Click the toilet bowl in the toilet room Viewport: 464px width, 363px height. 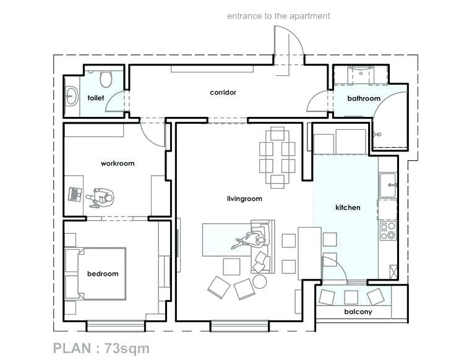click(106, 79)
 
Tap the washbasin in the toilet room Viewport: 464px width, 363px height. click(71, 96)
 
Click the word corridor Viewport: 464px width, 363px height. click(223, 92)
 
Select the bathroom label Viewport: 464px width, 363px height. click(364, 98)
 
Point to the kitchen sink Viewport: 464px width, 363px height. click(388, 185)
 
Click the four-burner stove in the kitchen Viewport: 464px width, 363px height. click(389, 231)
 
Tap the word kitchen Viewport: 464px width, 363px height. click(348, 207)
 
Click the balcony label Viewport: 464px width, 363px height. click(358, 312)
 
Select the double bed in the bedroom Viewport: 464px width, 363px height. click(95, 274)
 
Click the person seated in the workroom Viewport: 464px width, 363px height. click(101, 197)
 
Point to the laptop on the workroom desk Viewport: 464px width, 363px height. click(75, 194)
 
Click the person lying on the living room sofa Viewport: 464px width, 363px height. click(249, 240)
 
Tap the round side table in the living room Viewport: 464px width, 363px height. click(260, 281)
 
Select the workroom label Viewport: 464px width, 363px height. click(118, 163)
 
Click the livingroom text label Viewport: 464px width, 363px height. click(244, 199)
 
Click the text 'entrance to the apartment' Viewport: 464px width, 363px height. click(278, 16)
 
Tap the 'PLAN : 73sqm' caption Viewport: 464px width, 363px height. click(101, 348)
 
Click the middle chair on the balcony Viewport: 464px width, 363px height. click(351, 297)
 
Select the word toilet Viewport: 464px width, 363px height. click(96, 98)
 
